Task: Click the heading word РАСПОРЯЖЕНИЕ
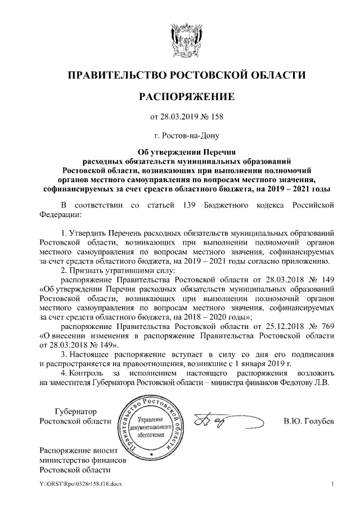(x=179, y=96)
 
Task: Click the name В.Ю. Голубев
(x=309, y=422)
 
